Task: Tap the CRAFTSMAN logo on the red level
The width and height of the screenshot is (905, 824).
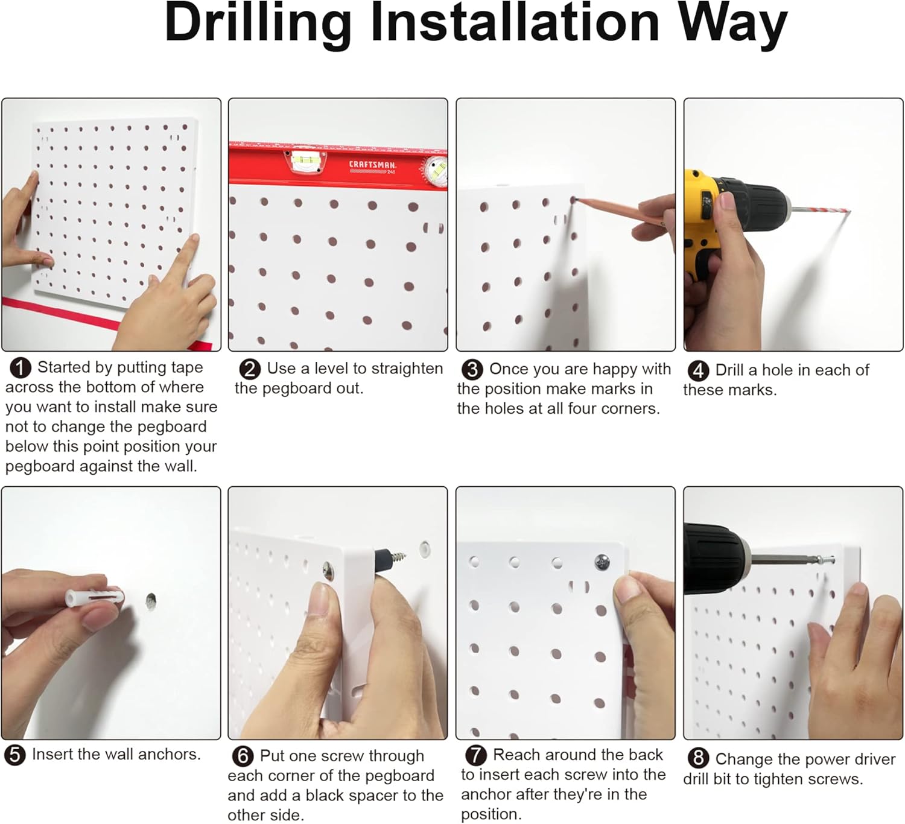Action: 372,165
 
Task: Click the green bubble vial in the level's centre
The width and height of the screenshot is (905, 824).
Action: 305,160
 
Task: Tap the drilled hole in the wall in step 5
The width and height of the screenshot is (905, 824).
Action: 151,600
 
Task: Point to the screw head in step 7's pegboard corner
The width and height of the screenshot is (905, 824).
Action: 602,562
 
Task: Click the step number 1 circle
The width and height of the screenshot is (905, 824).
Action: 21,368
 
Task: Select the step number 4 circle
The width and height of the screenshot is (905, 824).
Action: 698,371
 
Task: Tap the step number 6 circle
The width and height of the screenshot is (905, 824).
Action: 243,756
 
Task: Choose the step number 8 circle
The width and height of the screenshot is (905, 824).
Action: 699,758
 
